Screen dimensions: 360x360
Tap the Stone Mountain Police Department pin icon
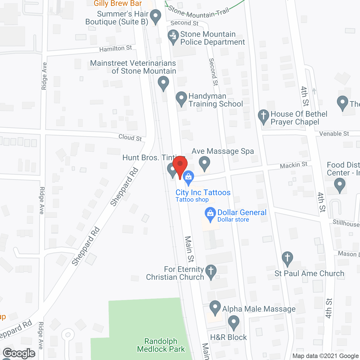(x=173, y=37)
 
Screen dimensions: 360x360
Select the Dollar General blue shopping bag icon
(x=210, y=214)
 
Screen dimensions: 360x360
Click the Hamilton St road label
(x=115, y=49)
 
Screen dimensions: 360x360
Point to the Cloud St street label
(x=130, y=138)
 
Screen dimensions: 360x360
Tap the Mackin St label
(x=294, y=165)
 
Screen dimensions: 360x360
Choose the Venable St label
(x=334, y=134)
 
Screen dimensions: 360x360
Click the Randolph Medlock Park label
(x=161, y=345)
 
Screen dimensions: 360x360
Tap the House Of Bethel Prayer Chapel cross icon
(x=264, y=116)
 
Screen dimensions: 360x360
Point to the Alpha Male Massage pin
(x=215, y=308)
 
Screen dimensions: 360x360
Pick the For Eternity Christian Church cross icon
(x=211, y=272)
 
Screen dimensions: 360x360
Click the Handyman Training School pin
(x=181, y=99)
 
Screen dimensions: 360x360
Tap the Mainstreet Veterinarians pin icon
(x=163, y=84)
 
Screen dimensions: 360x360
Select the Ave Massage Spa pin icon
(x=204, y=163)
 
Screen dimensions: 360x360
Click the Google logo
(x=19, y=353)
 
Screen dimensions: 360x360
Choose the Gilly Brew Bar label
(x=118, y=3)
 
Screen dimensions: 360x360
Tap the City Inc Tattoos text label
(x=203, y=193)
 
